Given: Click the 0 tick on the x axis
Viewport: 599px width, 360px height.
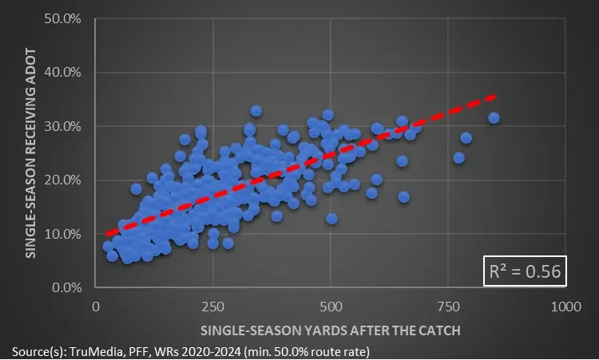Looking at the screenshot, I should coord(96,306).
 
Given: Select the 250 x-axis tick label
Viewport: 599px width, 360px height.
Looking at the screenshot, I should coord(213,306).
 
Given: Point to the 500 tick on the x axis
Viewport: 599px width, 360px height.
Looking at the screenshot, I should coord(331,306).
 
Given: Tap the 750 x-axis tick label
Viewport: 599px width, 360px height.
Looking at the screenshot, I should coord(448,306).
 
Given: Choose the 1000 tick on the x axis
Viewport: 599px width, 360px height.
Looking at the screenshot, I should coord(565,306).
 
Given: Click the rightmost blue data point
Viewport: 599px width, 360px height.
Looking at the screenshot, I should coord(494,118).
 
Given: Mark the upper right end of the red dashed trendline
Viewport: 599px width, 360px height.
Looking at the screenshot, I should coord(494,96).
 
